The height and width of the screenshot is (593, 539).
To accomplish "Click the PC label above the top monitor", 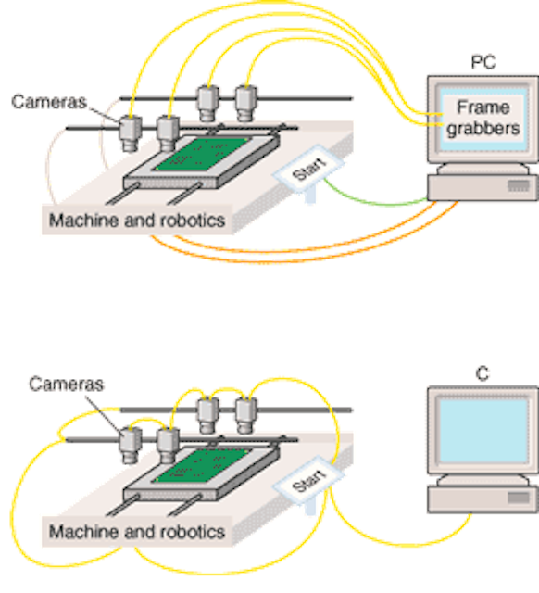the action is point(483,62).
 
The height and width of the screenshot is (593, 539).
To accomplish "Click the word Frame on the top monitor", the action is point(483,107).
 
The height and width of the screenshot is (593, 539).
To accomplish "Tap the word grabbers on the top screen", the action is point(483,129).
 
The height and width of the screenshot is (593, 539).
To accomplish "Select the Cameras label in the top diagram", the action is point(49,102).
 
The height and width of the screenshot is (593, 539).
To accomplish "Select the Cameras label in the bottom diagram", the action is point(66,385).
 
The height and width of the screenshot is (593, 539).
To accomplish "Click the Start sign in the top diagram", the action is point(308,169).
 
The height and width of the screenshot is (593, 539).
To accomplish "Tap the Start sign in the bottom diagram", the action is point(308,480).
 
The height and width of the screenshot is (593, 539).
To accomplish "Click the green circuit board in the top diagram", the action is point(202,154).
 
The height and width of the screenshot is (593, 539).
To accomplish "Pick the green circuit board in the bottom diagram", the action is point(202,465).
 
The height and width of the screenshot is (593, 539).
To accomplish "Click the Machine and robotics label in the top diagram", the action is point(137,221).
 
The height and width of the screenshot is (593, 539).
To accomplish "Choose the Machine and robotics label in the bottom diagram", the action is point(137,532).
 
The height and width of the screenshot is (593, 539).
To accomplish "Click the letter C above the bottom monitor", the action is point(483,373).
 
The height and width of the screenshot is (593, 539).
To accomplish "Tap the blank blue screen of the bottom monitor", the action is point(483,431).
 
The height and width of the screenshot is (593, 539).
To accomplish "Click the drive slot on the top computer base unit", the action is point(519,185).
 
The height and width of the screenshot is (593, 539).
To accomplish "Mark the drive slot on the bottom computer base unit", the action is point(519,498).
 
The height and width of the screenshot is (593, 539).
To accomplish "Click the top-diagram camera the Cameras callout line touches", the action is point(131,133).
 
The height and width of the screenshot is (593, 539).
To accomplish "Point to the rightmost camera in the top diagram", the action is point(245,104).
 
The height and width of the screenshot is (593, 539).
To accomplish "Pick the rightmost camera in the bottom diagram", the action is point(245,415).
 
